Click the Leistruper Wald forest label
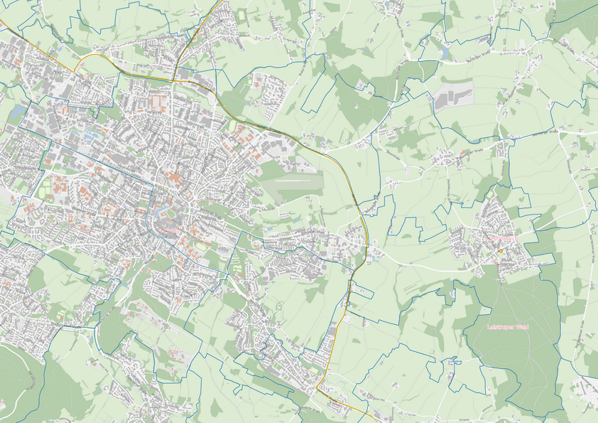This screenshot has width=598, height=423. click(x=510, y=326)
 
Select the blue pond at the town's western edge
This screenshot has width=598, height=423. click(x=16, y=112)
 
